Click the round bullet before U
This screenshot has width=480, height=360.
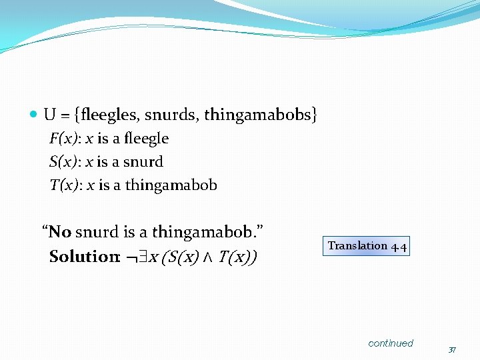pos(35,115)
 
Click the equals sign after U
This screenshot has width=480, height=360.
pos(65,115)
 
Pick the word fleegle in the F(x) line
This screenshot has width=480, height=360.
pos(145,139)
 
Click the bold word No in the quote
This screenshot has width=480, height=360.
pos(60,232)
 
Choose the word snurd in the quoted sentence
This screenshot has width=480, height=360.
pos(97,232)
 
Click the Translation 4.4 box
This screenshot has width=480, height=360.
pos(366,246)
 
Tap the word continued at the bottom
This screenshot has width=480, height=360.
pos(391,343)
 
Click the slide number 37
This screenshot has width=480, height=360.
pos(452,350)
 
